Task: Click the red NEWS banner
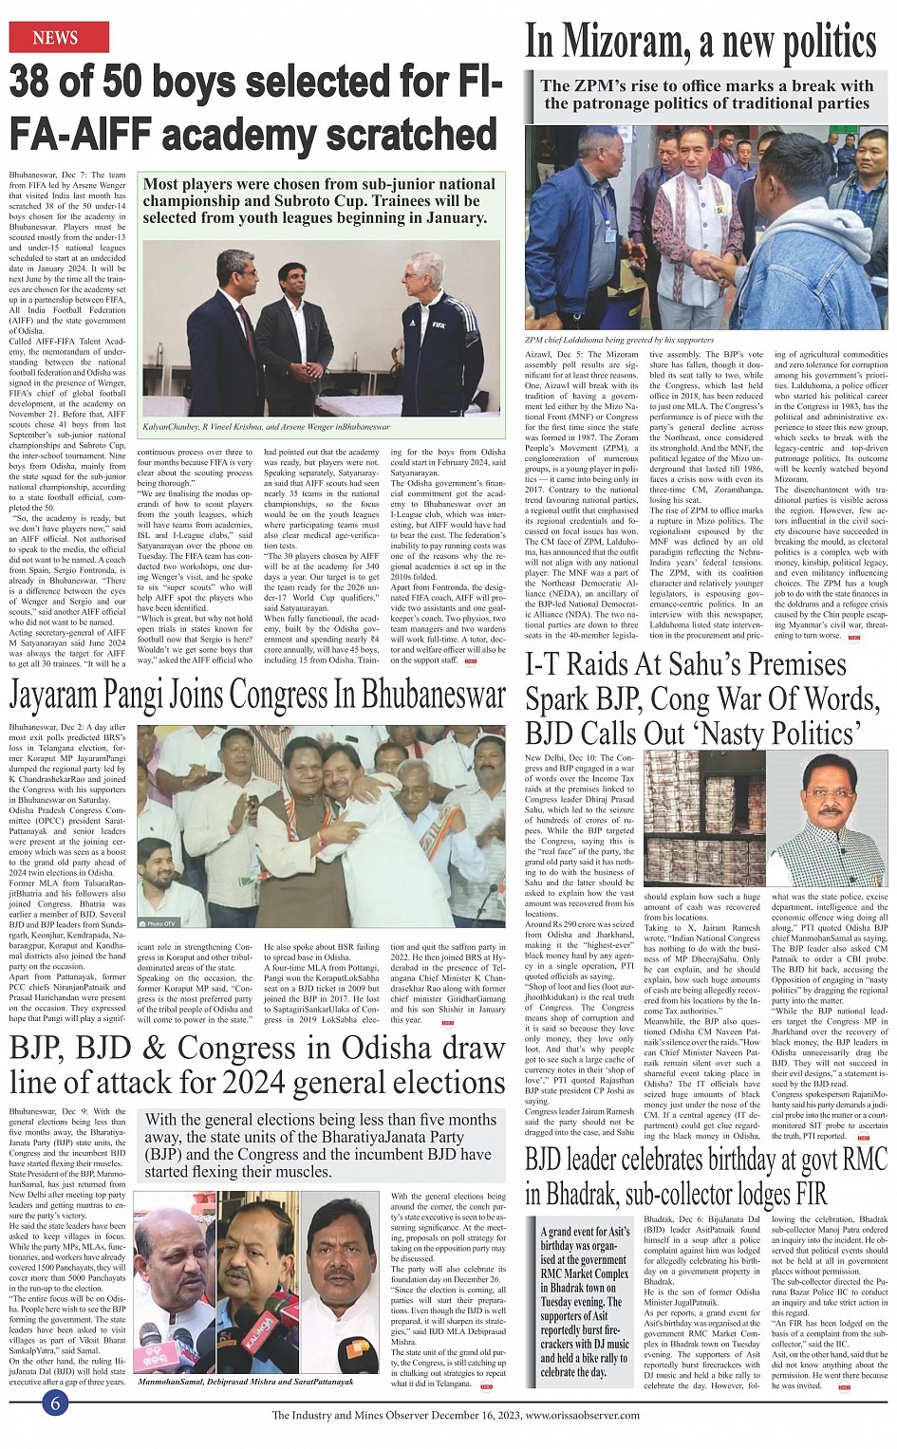pos(56,38)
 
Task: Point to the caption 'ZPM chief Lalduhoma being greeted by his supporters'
pos(619,340)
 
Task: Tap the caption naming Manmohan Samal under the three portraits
pos(245,1383)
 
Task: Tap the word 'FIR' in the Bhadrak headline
pos(802,1194)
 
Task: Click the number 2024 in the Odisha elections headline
pos(304,1083)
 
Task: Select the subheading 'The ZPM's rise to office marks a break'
pos(706,94)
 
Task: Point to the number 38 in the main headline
pos(36,84)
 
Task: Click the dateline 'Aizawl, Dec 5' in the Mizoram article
pos(557,354)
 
